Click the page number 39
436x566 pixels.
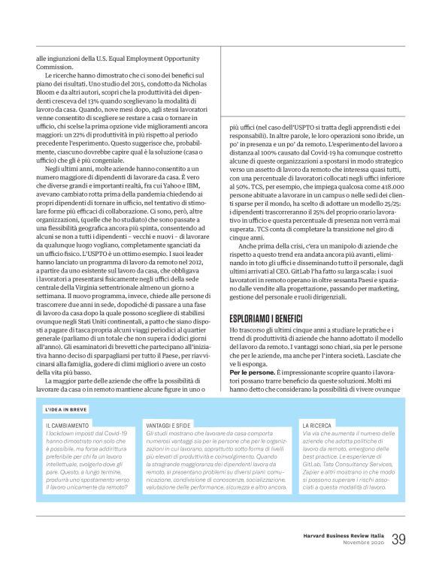tap(398, 538)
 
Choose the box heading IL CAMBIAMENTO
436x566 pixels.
tap(67, 426)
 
